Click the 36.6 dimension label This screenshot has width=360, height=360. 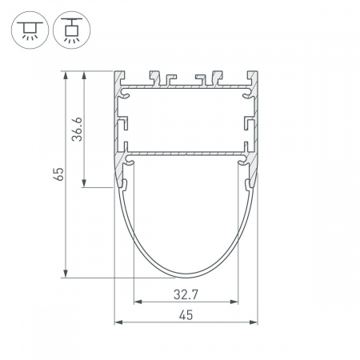(x=78, y=129)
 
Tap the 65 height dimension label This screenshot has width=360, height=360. (x=59, y=174)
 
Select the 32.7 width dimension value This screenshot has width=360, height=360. (x=186, y=294)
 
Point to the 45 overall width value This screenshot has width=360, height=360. (x=186, y=315)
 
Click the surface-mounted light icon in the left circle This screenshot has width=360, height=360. (x=30, y=30)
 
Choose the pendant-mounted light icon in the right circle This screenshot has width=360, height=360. (x=72, y=30)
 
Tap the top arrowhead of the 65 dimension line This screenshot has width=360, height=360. (x=66, y=75)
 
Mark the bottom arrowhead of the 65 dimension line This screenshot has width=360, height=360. (x=66, y=274)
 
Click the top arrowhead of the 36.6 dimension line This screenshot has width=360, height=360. (x=84, y=75)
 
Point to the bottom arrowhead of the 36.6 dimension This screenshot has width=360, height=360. (x=84, y=183)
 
